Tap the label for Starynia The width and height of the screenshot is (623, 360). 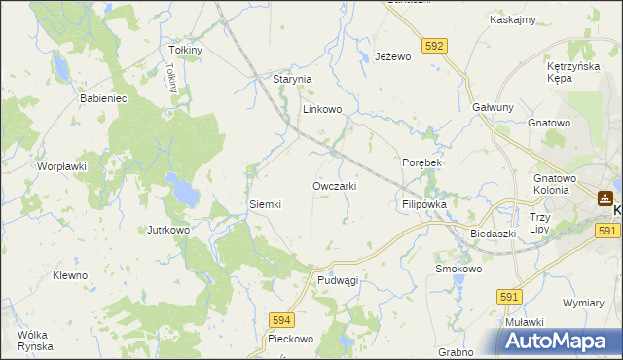tap(291, 79)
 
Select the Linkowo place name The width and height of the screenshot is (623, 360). tap(322, 110)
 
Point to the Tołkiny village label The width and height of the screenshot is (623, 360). tap(185, 50)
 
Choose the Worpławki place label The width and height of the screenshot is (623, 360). tap(62, 166)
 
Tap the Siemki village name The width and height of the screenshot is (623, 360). tap(265, 204)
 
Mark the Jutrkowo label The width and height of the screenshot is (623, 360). tap(167, 230)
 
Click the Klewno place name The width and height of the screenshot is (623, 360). tap(70, 275)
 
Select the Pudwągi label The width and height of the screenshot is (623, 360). tap(338, 280)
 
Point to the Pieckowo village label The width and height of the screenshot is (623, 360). tap(290, 340)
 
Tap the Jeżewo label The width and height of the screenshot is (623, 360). tap(394, 57)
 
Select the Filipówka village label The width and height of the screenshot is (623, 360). tap(423, 205)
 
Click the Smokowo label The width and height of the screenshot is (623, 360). tap(458, 269)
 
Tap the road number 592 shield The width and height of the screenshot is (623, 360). tap(435, 45)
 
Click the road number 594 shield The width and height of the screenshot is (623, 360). tap(281, 318)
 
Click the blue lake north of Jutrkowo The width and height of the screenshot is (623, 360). tap(179, 190)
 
